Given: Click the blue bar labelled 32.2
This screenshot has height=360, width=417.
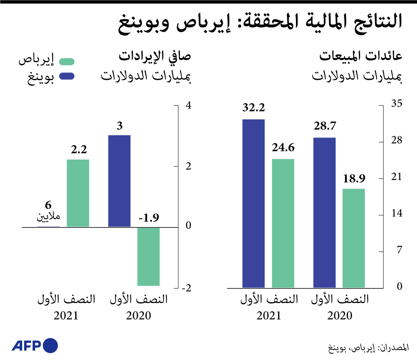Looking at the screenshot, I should (x=253, y=203).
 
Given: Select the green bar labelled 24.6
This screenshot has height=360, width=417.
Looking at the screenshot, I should (x=283, y=223).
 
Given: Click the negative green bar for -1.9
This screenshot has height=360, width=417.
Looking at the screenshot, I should (x=148, y=256).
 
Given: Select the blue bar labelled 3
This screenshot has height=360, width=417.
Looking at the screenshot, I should (x=119, y=181).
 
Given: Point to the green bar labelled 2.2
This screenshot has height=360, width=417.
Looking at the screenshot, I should (x=78, y=193).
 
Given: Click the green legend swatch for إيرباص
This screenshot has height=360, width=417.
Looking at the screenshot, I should (x=67, y=62).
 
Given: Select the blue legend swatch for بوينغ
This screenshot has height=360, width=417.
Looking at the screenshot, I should (x=67, y=76).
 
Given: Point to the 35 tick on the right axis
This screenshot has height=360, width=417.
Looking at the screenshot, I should (x=397, y=105).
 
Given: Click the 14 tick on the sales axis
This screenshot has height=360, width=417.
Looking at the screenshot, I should (x=397, y=214).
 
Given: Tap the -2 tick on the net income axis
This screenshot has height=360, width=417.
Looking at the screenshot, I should (x=186, y=288).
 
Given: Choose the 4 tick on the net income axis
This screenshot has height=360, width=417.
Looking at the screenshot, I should (x=188, y=106).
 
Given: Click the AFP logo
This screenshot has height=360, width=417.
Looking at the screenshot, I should (x=35, y=346).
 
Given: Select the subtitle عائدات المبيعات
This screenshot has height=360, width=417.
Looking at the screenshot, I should (x=361, y=56).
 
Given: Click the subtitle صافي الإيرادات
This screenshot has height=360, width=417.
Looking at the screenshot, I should (x=155, y=56).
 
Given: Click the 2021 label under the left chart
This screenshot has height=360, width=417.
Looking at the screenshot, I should (x=65, y=316).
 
